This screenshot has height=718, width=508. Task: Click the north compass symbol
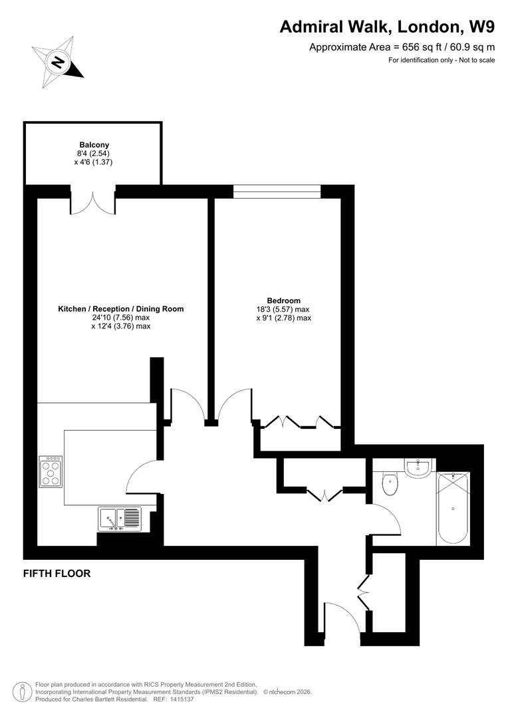pos(59,62)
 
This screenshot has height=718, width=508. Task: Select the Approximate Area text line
pos(402,47)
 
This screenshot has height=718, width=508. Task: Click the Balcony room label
pos(94,145)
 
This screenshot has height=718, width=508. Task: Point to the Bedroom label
pos(284,300)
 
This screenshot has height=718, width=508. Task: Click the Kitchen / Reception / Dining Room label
pos(120,308)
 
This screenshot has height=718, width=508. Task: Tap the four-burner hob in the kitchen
pos(51,471)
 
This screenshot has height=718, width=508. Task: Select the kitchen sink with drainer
pos(120,518)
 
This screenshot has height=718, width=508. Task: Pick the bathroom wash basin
pos(419,467)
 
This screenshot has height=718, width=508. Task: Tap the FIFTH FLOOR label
pos(57,573)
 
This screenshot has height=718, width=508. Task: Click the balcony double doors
pos(93,203)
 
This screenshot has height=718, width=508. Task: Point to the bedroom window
pos(277,191)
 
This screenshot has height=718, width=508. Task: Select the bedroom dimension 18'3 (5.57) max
pos(284,309)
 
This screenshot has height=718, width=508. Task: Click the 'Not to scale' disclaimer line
pos(442,60)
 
